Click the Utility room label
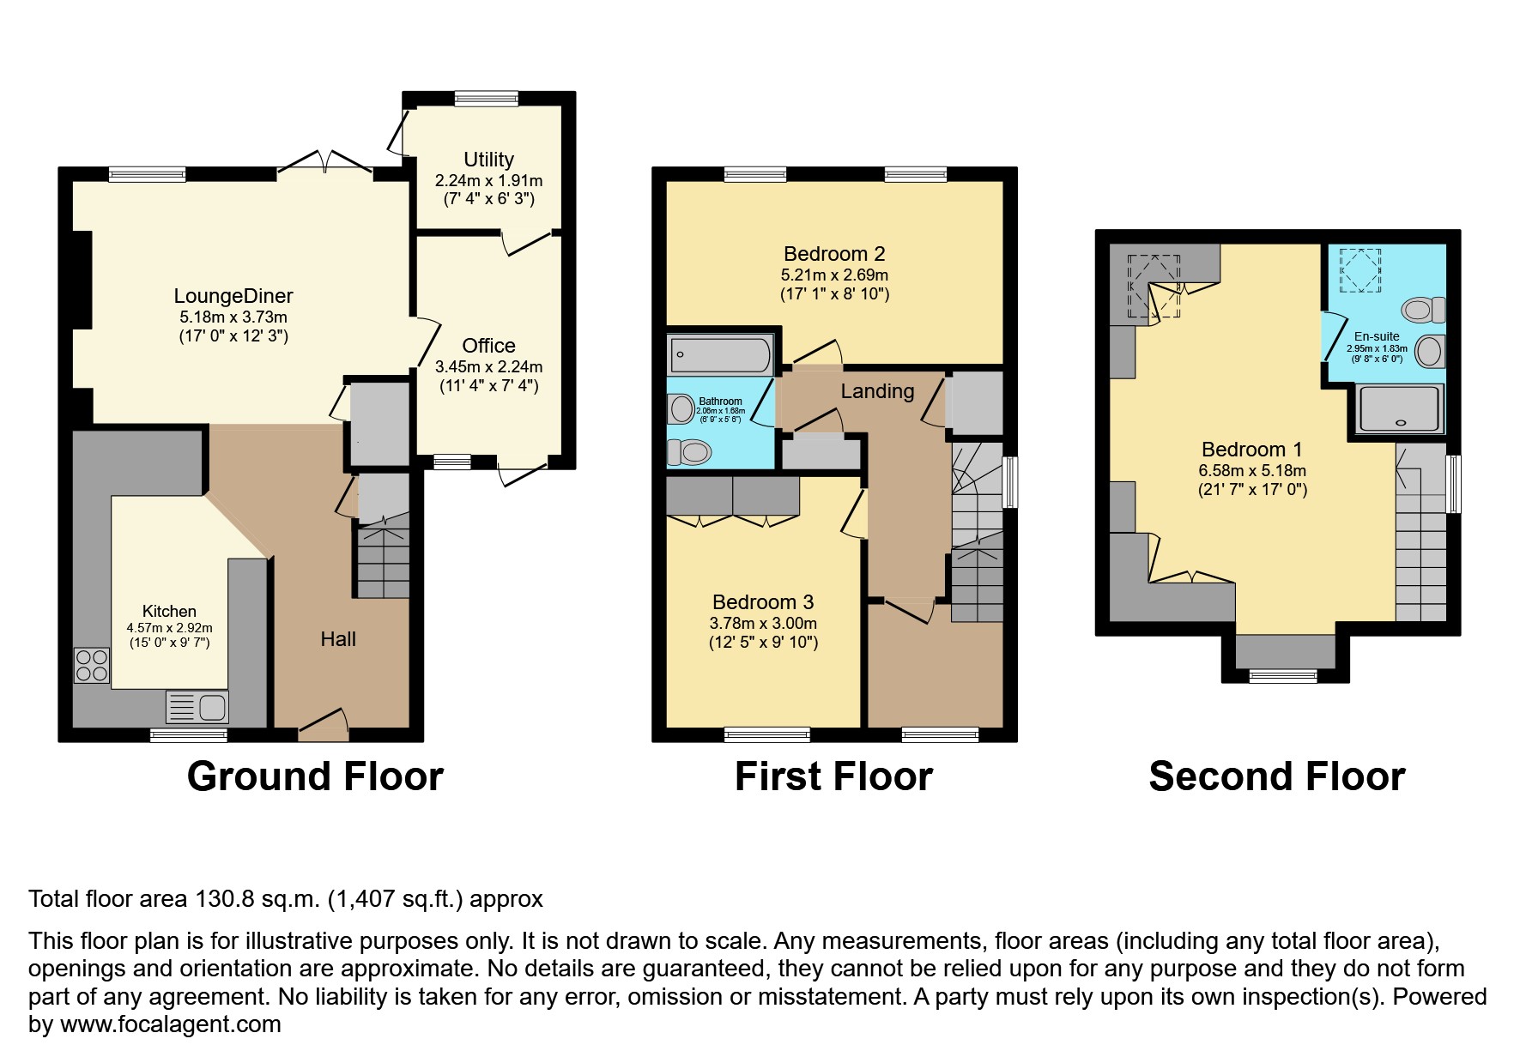coord(488,160)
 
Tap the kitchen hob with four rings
coord(92,665)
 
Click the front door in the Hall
coord(323,726)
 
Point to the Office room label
coord(488,346)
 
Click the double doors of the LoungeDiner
coord(324,163)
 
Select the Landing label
coord(876,392)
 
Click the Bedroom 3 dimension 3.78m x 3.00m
coord(763,624)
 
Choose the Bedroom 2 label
coord(834,254)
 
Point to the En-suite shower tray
coord(1400,408)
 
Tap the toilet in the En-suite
coord(1423,310)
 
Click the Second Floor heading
coord(1276,777)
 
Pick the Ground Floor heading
coord(315,777)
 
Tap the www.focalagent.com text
coord(170,1024)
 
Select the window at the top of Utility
coord(487,99)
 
